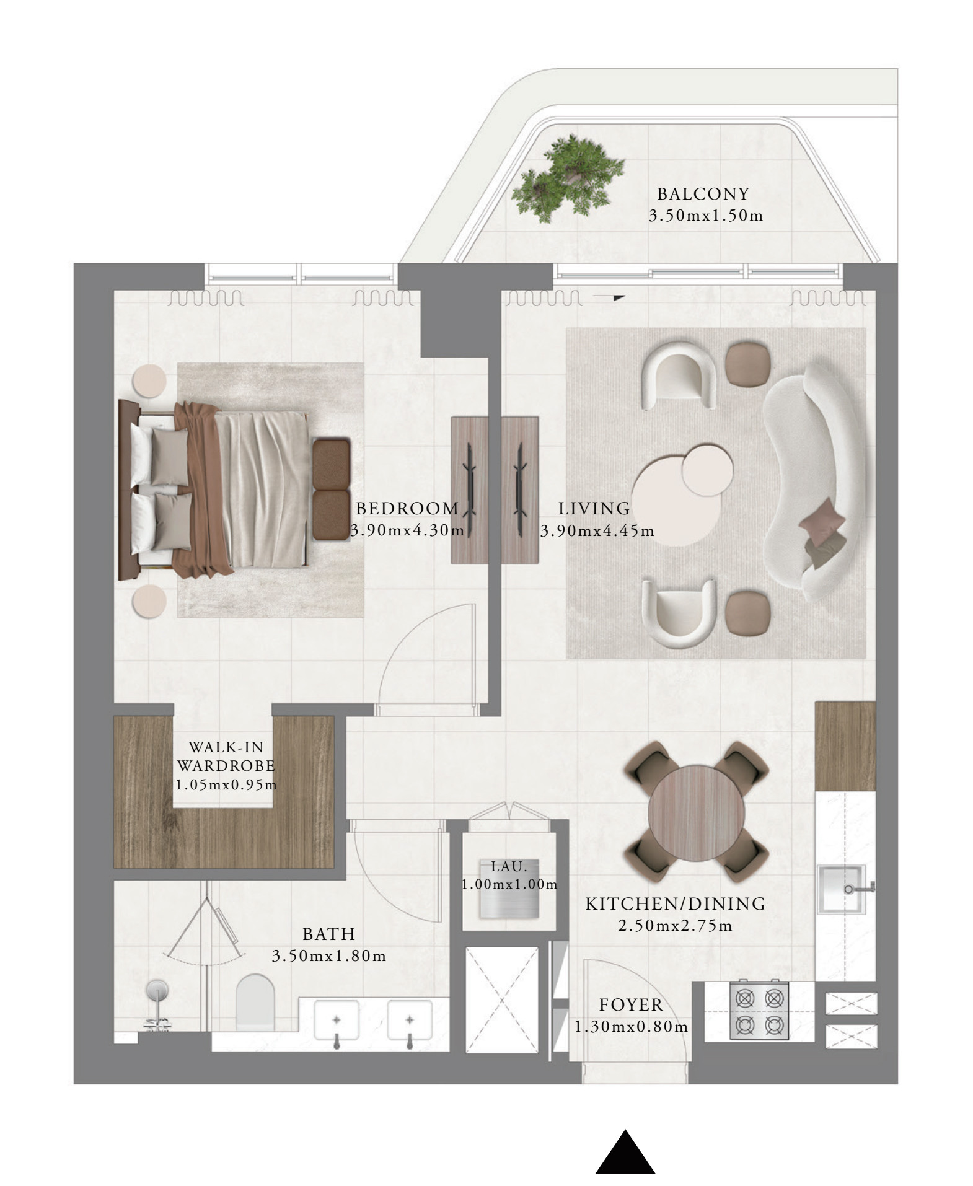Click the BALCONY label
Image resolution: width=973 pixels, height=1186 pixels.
(703, 194)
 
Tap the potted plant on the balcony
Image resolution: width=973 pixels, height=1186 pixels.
(568, 178)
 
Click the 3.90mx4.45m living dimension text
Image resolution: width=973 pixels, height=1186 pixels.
(597, 531)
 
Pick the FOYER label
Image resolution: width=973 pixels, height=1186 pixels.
(631, 1004)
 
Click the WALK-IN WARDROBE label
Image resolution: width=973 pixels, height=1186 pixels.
(226, 756)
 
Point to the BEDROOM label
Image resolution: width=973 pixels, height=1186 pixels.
(407, 509)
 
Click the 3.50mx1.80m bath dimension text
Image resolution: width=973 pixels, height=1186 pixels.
(329, 956)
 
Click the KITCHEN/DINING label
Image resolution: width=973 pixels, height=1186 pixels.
(676, 904)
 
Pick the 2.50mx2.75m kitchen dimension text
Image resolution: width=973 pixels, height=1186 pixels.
(676, 926)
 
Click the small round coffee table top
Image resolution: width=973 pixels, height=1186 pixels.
(707, 468)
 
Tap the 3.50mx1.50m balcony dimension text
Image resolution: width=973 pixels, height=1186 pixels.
(706, 216)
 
